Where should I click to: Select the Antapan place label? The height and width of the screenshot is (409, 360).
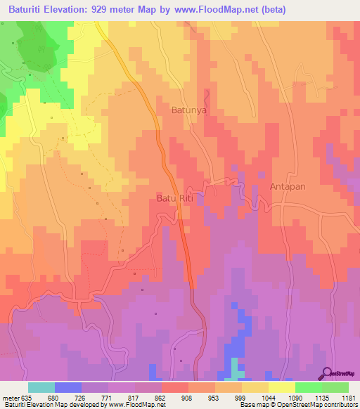tap(288, 187)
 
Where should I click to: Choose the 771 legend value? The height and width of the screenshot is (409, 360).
tap(108, 397)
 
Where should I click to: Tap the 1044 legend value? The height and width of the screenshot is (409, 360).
tap(269, 397)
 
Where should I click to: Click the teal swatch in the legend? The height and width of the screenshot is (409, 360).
tap(41, 387)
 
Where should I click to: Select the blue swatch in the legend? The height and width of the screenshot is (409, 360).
tap(68, 387)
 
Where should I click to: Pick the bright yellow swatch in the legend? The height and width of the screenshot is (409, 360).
tap(282, 387)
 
